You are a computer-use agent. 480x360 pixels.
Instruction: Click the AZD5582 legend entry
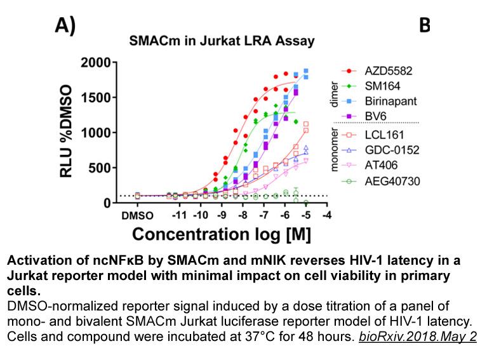(x=389, y=71)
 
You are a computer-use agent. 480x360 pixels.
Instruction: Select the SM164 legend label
(x=382, y=86)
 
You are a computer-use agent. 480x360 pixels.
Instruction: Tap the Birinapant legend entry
(x=391, y=102)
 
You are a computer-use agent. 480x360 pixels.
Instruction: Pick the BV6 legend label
(x=376, y=116)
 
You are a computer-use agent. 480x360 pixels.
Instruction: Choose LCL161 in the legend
(x=384, y=135)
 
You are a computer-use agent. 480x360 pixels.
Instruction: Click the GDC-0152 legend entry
(x=392, y=150)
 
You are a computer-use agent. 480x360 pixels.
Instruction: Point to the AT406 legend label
(x=381, y=165)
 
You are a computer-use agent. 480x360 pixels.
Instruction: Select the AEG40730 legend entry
(x=392, y=181)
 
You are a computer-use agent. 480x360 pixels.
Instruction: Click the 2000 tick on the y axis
(x=95, y=63)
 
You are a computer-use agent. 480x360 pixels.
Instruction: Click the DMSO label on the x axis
(x=137, y=216)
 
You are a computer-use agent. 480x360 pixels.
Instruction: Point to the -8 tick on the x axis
(x=243, y=215)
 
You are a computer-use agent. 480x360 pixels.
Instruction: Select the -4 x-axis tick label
(x=327, y=215)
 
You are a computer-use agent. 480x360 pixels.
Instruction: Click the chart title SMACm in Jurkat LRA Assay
(x=222, y=41)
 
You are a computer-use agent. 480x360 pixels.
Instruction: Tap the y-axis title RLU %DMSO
(x=66, y=131)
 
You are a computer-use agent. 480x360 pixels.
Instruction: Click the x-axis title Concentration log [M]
(x=222, y=235)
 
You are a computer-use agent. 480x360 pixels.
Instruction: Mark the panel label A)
(x=65, y=25)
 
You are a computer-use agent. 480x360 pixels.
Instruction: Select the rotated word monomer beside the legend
(x=335, y=150)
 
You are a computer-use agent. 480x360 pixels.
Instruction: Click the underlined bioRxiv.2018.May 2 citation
(x=418, y=337)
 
